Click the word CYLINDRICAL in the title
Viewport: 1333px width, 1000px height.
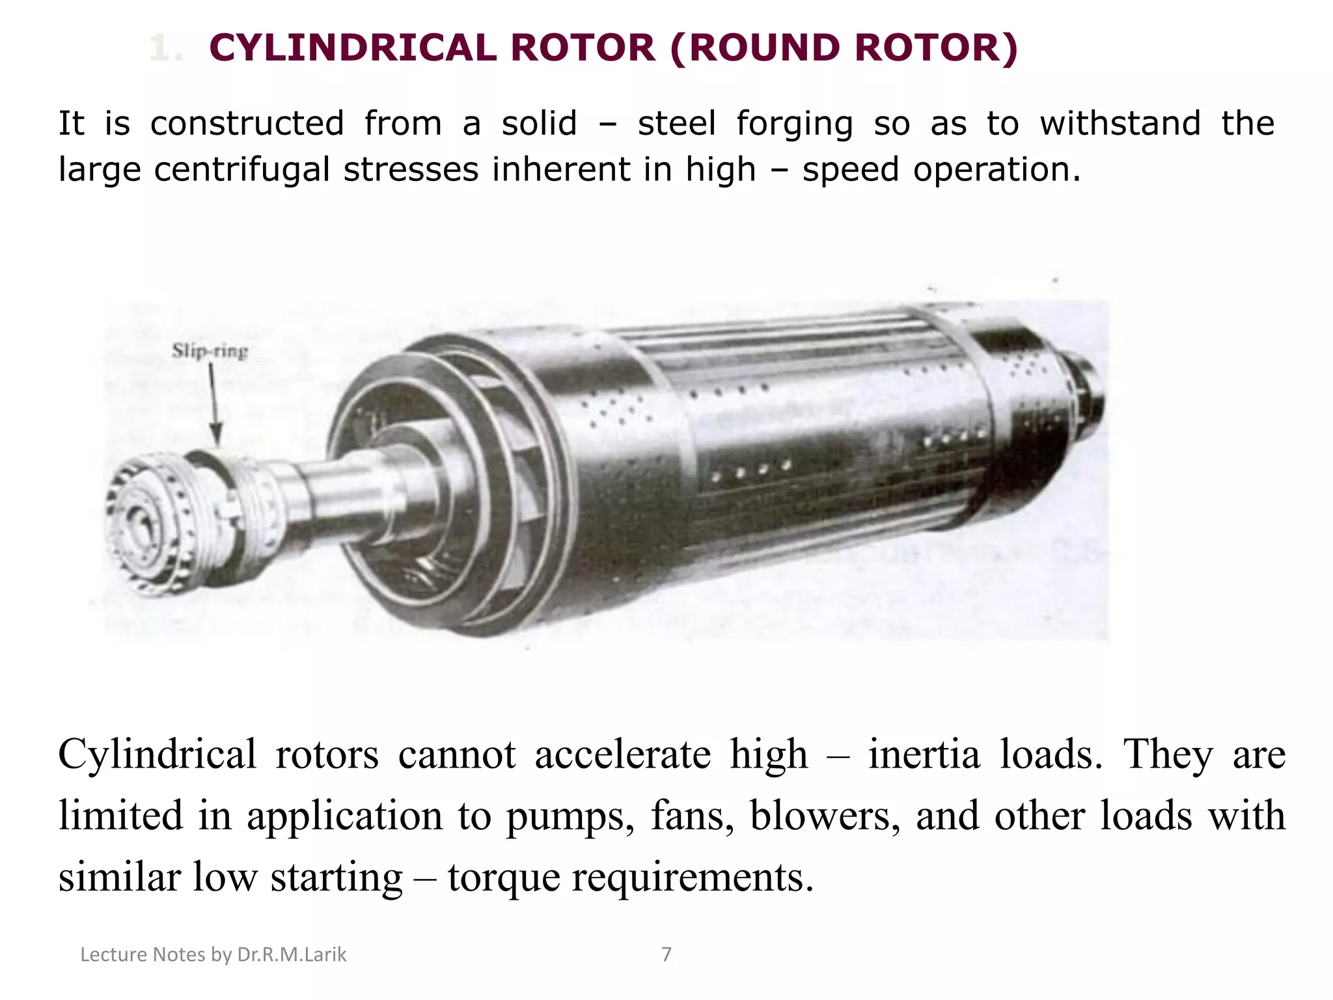click(352, 49)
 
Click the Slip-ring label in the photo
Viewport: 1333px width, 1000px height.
click(210, 352)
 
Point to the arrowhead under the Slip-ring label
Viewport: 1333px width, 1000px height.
click(216, 435)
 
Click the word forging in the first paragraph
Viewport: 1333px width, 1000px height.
click(794, 124)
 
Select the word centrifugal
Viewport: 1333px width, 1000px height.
click(242, 169)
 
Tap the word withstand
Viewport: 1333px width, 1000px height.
click(1120, 124)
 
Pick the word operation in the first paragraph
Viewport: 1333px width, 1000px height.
click(996, 169)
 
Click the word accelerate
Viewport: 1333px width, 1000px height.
click(623, 755)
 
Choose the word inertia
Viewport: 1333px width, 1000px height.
click(924, 755)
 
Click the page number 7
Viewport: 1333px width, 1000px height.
click(666, 954)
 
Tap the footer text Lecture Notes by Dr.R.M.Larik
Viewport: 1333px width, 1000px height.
click(213, 954)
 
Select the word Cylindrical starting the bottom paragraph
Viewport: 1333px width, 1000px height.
click(157, 755)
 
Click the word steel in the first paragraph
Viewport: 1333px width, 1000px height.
click(677, 124)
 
